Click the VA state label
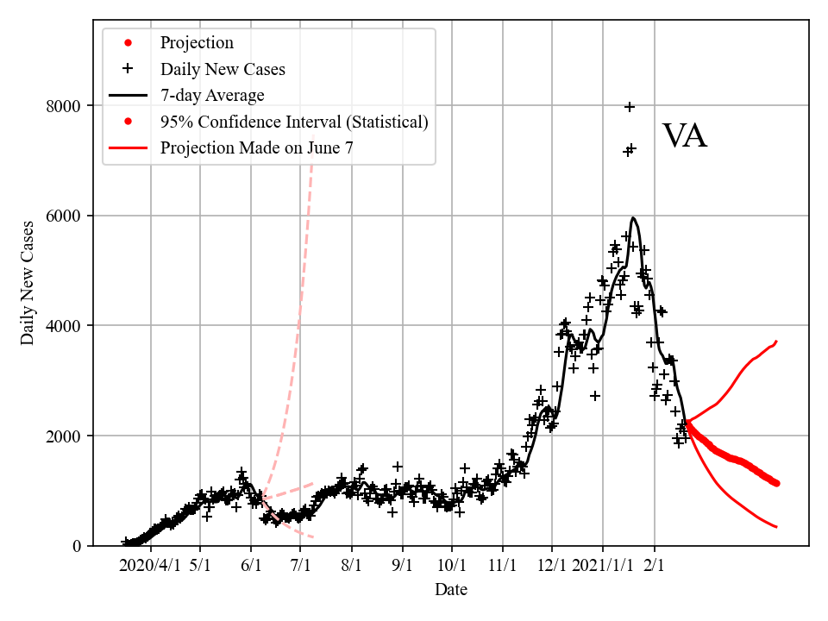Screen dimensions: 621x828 tap(685, 136)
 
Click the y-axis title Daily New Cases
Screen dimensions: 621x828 tap(28, 283)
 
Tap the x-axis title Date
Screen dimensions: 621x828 tap(451, 590)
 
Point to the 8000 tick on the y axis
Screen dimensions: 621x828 tap(63, 106)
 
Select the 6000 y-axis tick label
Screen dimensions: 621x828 tap(63, 216)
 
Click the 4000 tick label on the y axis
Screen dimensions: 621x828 tap(63, 326)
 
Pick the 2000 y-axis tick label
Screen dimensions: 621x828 tap(63, 436)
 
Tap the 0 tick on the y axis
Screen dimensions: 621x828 tap(76, 546)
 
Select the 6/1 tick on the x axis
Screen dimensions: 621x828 tap(251, 567)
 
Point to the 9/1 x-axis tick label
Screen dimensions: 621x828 tap(402, 567)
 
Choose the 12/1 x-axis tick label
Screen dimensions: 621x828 tap(552, 567)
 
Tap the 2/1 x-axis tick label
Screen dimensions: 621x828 tap(655, 567)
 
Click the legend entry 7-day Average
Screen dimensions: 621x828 tap(212, 95)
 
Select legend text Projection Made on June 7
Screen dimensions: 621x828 tap(256, 147)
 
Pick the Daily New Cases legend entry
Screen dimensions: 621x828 tap(223, 69)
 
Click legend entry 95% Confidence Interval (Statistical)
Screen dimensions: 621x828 tap(293, 122)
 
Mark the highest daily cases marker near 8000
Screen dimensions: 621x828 tap(630, 107)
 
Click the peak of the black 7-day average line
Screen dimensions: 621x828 tap(633, 218)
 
